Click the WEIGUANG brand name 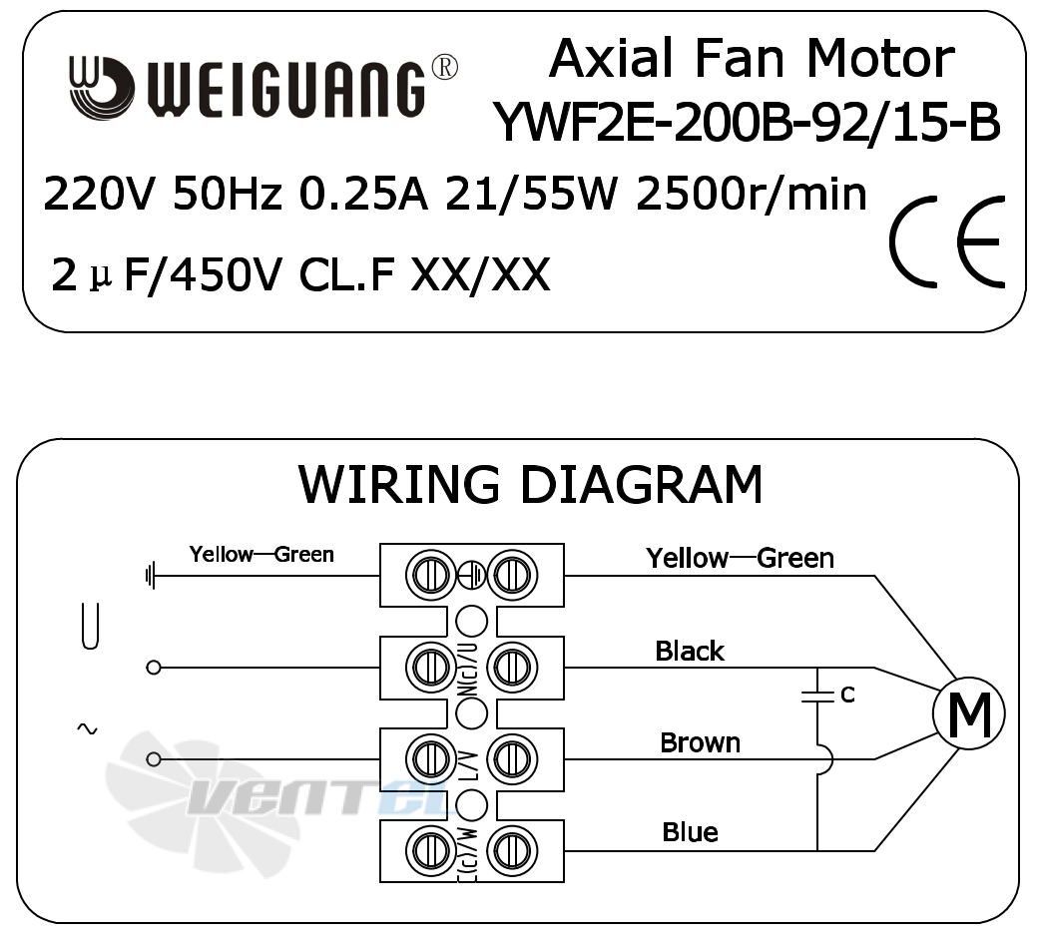pos(284,90)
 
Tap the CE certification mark pos(947,241)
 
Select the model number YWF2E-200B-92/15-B pos(748,123)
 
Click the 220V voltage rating pos(99,195)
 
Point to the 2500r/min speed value pos(752,195)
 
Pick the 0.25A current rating pos(363,195)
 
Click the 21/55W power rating pos(531,195)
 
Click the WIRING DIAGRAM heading pos(531,485)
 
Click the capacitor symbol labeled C pos(818,696)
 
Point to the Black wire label pos(690,652)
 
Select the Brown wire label pos(701,742)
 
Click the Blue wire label pos(691,832)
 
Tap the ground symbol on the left pos(151,575)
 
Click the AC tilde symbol pos(87,729)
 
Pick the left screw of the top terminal pos(430,575)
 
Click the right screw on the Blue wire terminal pos(512,850)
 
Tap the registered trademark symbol pos(444,68)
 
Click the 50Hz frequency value pos(228,195)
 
